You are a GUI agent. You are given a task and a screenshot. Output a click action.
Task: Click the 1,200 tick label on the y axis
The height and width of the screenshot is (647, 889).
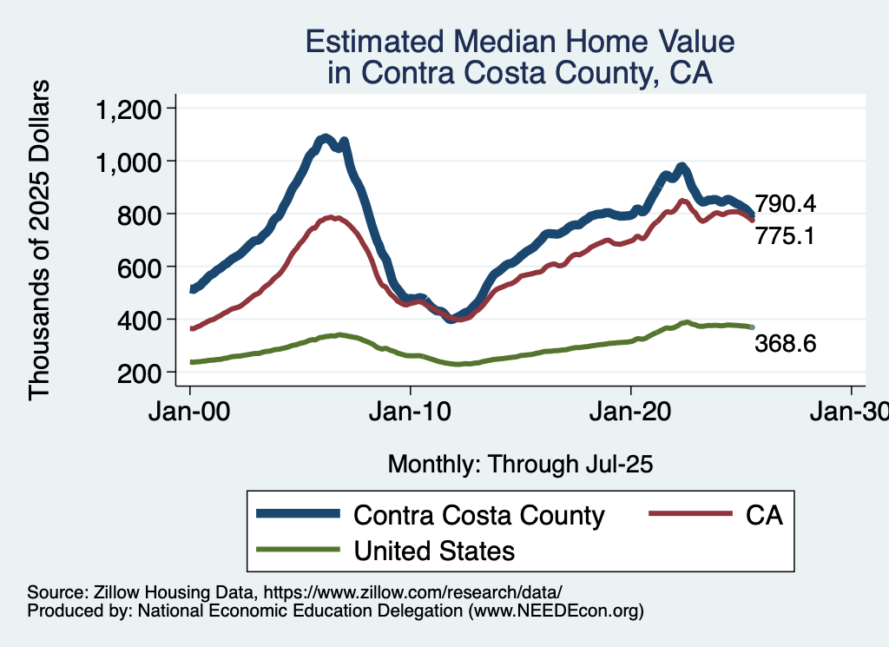point(128,109)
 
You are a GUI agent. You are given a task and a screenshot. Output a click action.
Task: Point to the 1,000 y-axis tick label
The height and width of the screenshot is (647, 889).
point(128,162)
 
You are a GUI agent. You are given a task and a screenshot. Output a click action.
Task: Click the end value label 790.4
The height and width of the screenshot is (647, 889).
point(784,204)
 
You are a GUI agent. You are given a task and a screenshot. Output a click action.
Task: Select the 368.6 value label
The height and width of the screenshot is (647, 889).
point(784,344)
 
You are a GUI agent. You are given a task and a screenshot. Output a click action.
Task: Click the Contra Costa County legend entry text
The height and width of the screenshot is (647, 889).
point(478,515)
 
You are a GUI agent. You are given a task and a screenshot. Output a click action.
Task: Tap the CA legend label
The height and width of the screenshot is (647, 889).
point(764,515)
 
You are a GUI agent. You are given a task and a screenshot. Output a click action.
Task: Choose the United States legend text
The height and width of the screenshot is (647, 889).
point(434,551)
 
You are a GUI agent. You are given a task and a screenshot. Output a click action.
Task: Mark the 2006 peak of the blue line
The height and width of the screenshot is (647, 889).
point(325,138)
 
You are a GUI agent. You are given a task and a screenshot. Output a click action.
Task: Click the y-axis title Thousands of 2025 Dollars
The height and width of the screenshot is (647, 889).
point(40,240)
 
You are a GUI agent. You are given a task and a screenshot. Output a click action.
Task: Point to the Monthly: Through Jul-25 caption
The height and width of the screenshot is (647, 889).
point(520,464)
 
